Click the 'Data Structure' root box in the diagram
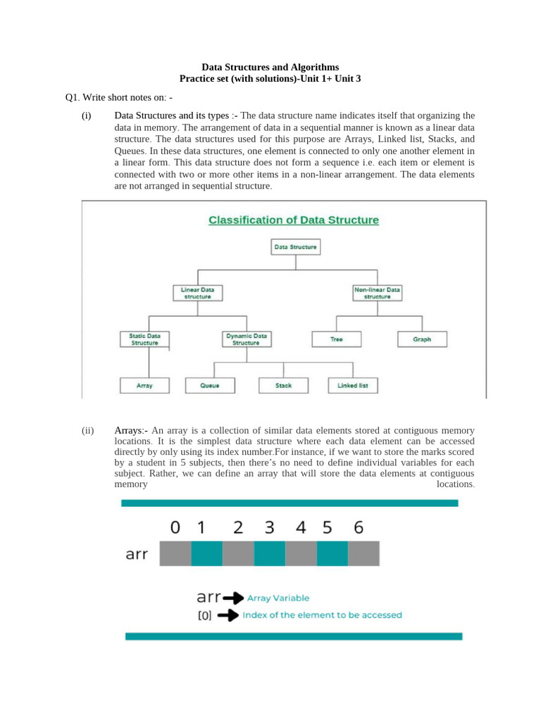coord(295,247)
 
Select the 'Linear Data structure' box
coord(197,293)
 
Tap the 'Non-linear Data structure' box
coord(377,293)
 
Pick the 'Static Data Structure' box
coord(144,339)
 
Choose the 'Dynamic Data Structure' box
coord(246,339)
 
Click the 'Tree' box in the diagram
coord(337,339)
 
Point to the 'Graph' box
coord(422,339)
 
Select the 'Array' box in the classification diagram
coord(144,386)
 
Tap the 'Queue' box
coord(210,386)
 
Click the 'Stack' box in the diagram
coord(283,386)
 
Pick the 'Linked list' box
coord(353,386)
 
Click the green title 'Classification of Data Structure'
coord(293,220)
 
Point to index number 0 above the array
coord(175,527)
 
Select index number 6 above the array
coord(359,527)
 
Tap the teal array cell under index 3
coord(269,553)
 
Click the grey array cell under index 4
coord(301,553)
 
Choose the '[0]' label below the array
coord(204,615)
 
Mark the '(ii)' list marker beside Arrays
coord(87,430)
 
